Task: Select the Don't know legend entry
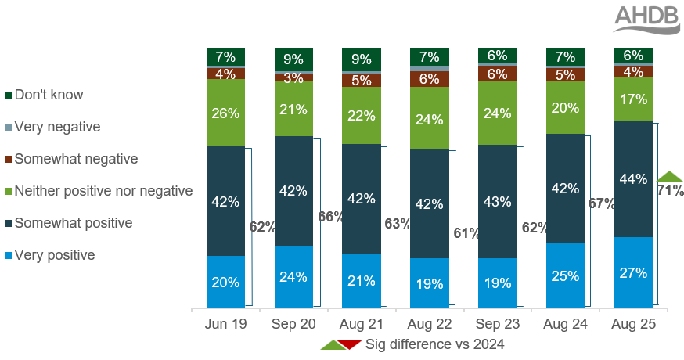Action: tap(49, 95)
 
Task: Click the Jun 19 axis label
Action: tap(225, 322)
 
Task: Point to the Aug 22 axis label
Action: tap(429, 322)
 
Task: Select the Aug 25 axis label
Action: tap(633, 322)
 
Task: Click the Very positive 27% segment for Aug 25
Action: tap(633, 272)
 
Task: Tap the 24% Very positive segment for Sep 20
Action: tap(293, 276)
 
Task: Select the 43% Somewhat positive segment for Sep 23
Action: tap(497, 201)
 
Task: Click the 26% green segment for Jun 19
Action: tap(225, 113)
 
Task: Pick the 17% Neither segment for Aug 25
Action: tap(633, 99)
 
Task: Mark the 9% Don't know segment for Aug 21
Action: tap(362, 58)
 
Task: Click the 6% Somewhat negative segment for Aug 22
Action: tap(429, 79)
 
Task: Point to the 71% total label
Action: tap(671, 190)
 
